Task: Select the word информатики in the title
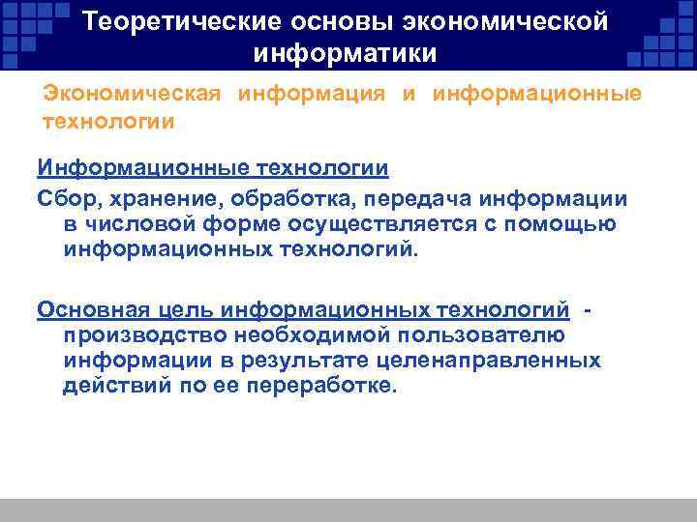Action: [346, 51]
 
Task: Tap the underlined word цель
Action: [180, 309]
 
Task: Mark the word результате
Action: [315, 361]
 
